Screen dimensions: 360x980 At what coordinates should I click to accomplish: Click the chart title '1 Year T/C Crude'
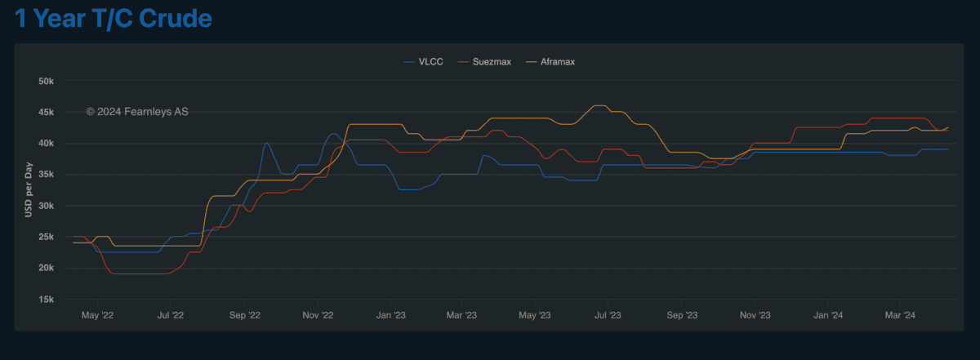(114, 19)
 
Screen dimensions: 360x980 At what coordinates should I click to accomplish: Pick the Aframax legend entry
(558, 62)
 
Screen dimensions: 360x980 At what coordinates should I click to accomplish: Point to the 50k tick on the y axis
(46, 82)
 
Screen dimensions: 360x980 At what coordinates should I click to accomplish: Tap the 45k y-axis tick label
(46, 113)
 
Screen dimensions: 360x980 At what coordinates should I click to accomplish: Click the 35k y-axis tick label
(46, 175)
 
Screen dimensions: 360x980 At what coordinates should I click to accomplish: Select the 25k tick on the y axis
(46, 237)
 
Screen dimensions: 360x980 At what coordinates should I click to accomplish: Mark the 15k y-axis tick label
(46, 300)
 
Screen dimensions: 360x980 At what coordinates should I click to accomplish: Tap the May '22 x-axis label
(97, 314)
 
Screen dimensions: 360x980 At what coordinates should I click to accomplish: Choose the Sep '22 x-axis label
(244, 314)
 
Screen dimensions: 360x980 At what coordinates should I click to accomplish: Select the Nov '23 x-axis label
(755, 314)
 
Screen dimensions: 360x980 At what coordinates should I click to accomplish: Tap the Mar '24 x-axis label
(899, 314)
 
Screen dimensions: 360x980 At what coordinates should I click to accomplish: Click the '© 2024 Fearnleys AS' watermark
(137, 111)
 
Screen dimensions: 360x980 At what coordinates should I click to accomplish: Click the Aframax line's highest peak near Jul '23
(599, 106)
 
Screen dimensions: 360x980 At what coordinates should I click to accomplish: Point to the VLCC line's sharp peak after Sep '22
(266, 144)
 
